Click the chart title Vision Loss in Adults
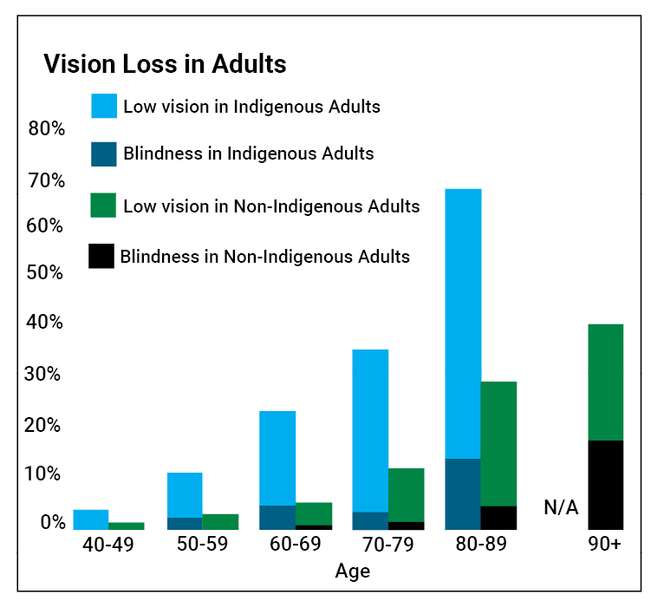pyautogui.click(x=165, y=64)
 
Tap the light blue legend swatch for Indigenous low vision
pyautogui.click(x=104, y=106)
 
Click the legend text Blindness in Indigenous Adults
pyautogui.click(x=249, y=154)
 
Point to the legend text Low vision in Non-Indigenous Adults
pyautogui.click(x=271, y=206)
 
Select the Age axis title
pyautogui.click(x=352, y=571)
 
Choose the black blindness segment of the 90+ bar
pyautogui.click(x=605, y=485)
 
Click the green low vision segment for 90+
pyautogui.click(x=605, y=382)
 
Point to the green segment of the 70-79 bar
pyautogui.click(x=406, y=494)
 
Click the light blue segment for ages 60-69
pyautogui.click(x=277, y=457)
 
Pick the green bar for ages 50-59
pyautogui.click(x=220, y=521)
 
